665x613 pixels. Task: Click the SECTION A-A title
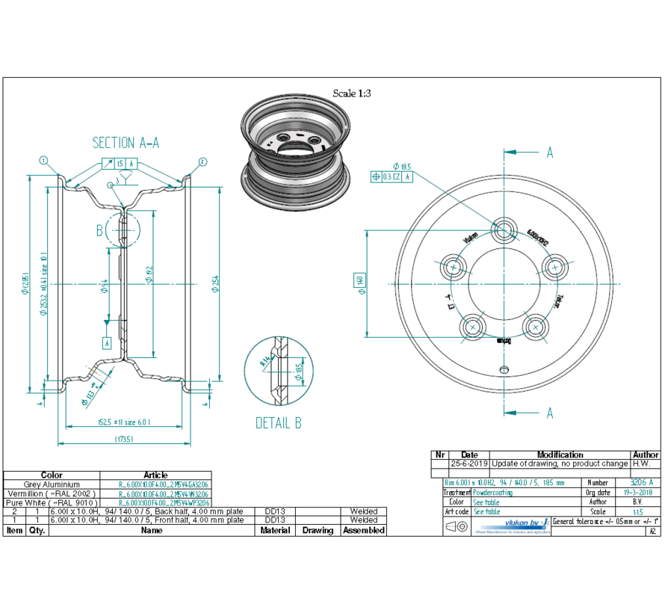tap(126, 142)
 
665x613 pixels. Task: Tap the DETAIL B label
tap(278, 423)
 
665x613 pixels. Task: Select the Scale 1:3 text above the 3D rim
tap(351, 93)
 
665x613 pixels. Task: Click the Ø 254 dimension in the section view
tap(215, 285)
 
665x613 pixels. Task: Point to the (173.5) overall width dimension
tap(124, 440)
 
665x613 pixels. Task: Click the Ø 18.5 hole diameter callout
tap(401, 166)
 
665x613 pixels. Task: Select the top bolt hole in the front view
tap(506, 230)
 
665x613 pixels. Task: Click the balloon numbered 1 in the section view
tap(44, 161)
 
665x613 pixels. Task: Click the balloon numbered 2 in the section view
tap(202, 161)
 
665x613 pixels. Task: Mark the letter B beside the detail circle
tap(99, 230)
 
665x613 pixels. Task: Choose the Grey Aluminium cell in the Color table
tap(52, 484)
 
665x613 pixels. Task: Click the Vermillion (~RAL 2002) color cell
tap(52, 494)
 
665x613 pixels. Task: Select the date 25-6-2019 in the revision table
tap(469, 463)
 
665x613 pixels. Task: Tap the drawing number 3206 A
tap(640, 483)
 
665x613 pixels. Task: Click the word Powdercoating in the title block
tap(493, 493)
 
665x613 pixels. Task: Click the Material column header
tap(275, 530)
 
